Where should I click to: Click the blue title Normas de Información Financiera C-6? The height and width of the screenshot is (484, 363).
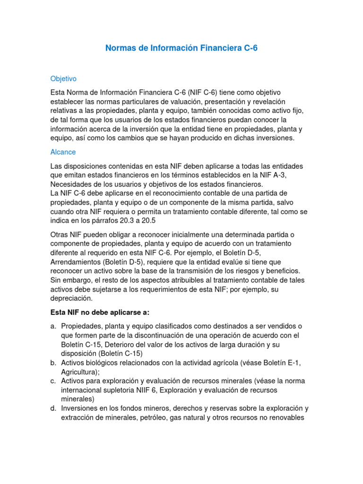[x=181, y=49]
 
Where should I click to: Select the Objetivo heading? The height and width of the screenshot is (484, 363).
[x=63, y=78]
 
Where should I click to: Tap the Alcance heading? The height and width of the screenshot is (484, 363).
[x=63, y=152]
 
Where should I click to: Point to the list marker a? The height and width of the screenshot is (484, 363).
[x=53, y=327]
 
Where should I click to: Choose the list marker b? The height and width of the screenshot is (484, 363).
[x=53, y=363]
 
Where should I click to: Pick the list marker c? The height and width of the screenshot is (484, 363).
[x=53, y=381]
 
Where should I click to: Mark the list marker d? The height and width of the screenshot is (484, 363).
[x=53, y=408]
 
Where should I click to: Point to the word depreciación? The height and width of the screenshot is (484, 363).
[x=71, y=299]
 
